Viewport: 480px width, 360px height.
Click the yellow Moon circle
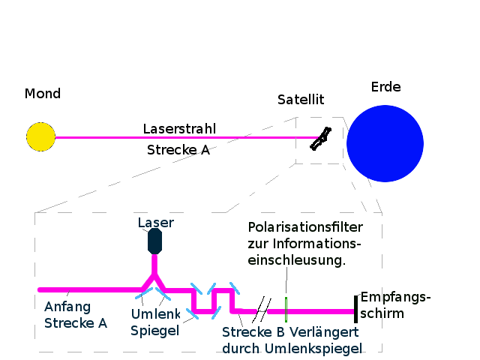click(40, 137)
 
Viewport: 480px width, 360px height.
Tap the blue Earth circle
click(385, 143)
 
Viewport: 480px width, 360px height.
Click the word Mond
click(43, 94)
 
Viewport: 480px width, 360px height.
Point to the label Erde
click(385, 87)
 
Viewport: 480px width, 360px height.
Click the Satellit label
click(301, 100)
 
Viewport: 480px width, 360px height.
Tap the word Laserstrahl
click(179, 129)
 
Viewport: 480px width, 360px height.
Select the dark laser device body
click(155, 241)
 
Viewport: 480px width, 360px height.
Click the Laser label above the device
click(155, 223)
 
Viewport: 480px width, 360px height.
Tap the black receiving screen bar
click(355, 309)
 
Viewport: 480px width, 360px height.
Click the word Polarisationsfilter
click(304, 226)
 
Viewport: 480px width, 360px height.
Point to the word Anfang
click(67, 307)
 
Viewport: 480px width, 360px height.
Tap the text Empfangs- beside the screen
click(395, 297)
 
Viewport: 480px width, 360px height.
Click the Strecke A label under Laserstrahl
click(177, 148)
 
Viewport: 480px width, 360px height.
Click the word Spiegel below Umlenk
click(154, 330)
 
